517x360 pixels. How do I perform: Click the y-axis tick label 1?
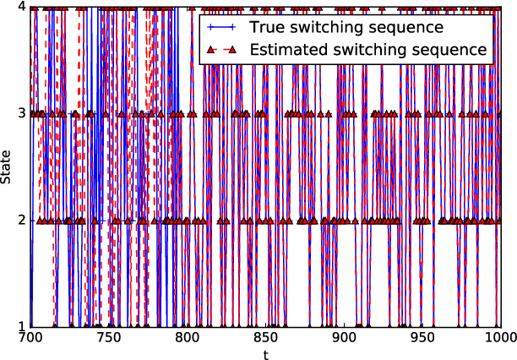coord(22,327)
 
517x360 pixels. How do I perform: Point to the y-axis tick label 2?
coord(22,221)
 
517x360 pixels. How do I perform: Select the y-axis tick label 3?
coord(22,114)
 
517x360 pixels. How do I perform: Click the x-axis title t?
coord(265,354)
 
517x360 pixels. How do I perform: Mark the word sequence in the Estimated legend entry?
coord(455,51)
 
